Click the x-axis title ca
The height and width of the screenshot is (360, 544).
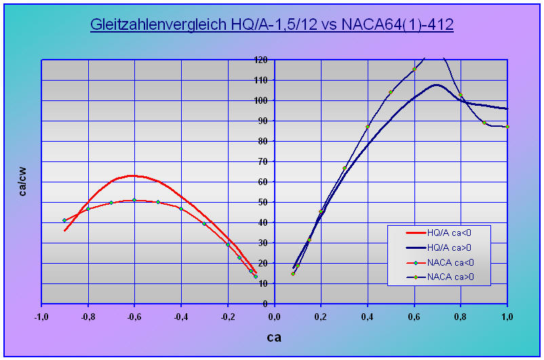pyautogui.click(x=273, y=337)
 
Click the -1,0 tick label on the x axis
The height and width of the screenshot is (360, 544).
pyautogui.click(x=41, y=316)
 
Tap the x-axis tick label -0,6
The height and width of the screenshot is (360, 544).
pyautogui.click(x=134, y=316)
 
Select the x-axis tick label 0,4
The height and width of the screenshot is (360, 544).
pyautogui.click(x=368, y=316)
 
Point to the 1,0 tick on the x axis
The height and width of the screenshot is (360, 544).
pyautogui.click(x=507, y=316)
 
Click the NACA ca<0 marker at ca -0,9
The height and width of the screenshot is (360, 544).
pyautogui.click(x=64, y=220)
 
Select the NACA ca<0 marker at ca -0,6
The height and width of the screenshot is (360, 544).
pyautogui.click(x=134, y=200)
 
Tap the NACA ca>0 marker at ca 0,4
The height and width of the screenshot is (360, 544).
pyautogui.click(x=368, y=127)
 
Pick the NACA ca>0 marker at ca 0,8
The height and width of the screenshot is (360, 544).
pyautogui.click(x=461, y=95)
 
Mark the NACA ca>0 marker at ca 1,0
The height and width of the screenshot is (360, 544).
pyautogui.click(x=507, y=127)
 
